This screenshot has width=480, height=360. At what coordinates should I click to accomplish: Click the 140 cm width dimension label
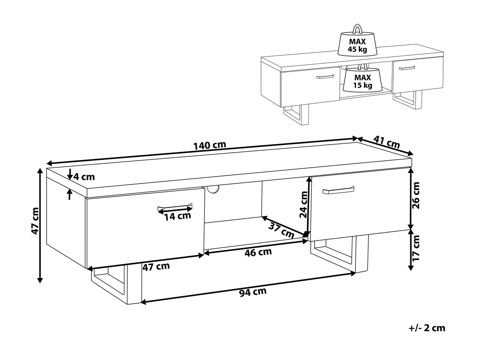[x=210, y=145]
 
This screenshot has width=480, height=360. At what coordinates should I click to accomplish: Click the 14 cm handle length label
[x=178, y=216]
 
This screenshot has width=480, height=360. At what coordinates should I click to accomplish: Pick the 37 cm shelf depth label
[x=281, y=231]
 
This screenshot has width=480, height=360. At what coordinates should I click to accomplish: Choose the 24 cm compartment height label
[x=303, y=204]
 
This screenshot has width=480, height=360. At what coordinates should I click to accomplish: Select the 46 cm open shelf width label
[x=258, y=252]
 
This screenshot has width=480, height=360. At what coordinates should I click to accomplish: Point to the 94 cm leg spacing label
[x=253, y=292]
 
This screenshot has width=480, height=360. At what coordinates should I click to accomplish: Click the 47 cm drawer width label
[x=156, y=267]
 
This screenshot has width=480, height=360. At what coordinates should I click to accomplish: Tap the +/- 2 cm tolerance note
[x=427, y=335]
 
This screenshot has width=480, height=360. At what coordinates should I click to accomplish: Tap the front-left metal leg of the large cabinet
[x=116, y=287]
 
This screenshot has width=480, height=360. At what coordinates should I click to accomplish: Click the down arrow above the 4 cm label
[x=70, y=174]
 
